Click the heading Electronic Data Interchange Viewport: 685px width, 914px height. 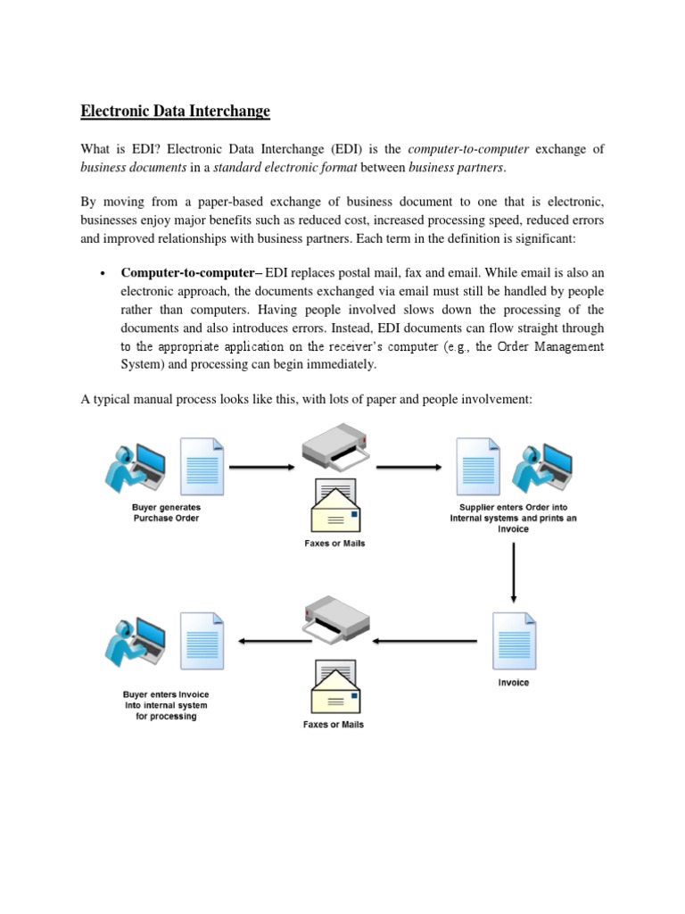175,112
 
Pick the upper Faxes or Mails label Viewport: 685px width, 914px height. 334,543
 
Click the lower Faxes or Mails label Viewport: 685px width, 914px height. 333,724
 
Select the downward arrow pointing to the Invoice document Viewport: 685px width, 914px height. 514,572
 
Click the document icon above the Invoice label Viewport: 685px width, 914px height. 513,641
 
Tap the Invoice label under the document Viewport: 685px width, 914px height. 513,683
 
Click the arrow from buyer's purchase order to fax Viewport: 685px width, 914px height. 261,466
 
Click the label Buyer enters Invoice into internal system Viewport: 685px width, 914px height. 166,704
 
